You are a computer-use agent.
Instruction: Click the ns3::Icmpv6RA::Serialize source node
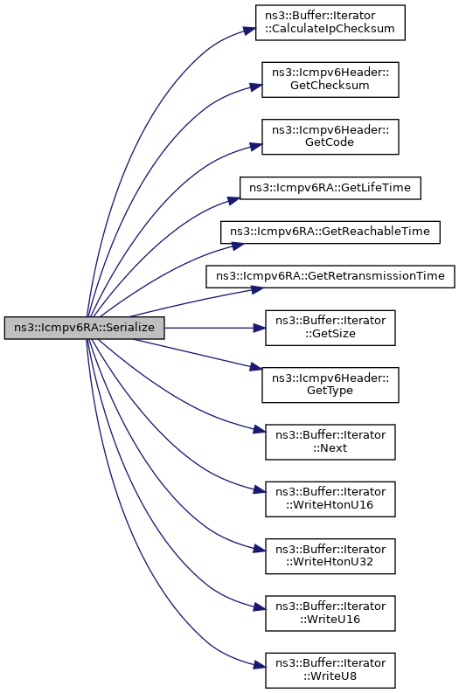click(84, 328)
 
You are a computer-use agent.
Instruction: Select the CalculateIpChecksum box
click(330, 23)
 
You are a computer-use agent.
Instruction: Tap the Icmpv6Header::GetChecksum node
click(330, 80)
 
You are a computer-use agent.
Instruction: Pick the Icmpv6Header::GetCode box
click(330, 136)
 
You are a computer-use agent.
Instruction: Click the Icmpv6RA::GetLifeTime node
click(330, 188)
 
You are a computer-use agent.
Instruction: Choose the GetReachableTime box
click(330, 232)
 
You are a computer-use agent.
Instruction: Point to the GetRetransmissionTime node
click(330, 276)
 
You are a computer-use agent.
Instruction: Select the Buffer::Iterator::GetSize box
click(330, 328)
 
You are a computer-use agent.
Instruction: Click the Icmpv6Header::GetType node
click(330, 385)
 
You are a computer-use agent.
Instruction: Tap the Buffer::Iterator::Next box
click(330, 442)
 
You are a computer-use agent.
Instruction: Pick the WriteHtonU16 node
click(330, 499)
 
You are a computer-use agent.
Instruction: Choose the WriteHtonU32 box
click(330, 556)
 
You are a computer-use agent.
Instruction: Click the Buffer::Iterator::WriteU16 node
click(330, 613)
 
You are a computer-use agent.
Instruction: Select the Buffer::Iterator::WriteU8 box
click(330, 670)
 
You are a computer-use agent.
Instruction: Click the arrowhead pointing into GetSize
click(260, 328)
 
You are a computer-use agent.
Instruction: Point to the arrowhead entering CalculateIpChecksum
click(250, 31)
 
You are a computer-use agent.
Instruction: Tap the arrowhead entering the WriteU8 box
click(260, 665)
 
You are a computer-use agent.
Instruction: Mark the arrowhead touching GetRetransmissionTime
click(258, 290)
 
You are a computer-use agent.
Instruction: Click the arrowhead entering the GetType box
click(256, 366)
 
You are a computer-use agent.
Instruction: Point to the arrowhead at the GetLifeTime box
click(234, 201)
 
